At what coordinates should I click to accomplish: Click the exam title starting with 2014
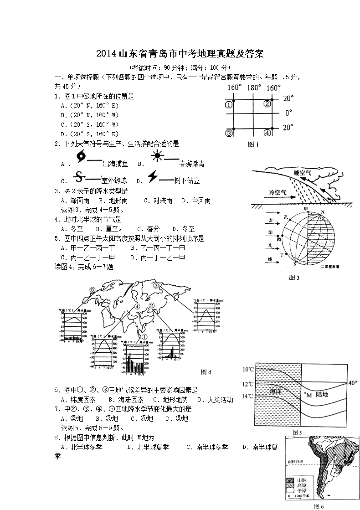[x=180, y=54]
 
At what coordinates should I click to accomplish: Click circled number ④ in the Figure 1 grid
[x=267, y=133]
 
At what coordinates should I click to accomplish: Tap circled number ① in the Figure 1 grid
[x=229, y=104]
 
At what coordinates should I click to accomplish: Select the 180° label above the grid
[x=254, y=88]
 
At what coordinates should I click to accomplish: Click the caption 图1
[x=252, y=145]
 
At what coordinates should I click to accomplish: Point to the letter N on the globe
[x=322, y=212]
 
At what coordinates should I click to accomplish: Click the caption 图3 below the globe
[x=295, y=277]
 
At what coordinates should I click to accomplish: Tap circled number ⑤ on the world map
[x=93, y=289]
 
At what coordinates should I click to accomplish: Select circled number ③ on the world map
[x=157, y=286]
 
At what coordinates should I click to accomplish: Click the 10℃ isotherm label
[x=248, y=369]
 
